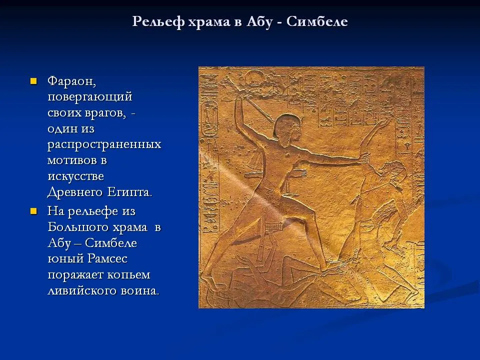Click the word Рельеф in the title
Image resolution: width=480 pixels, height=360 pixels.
[158, 21]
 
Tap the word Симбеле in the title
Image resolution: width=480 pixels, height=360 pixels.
[317, 21]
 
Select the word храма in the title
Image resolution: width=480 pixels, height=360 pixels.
[209, 22]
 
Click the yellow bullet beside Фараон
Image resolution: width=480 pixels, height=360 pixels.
[33, 81]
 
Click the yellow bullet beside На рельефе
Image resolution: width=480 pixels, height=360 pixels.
[33, 211]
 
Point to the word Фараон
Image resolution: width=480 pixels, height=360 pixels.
[71, 82]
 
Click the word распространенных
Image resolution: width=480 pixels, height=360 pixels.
[104, 144]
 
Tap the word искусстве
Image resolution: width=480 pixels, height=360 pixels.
[75, 176]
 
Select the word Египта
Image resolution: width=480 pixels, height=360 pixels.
[129, 192]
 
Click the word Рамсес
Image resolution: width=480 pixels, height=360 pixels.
[107, 258]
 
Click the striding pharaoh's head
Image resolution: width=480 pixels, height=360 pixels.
[286, 130]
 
